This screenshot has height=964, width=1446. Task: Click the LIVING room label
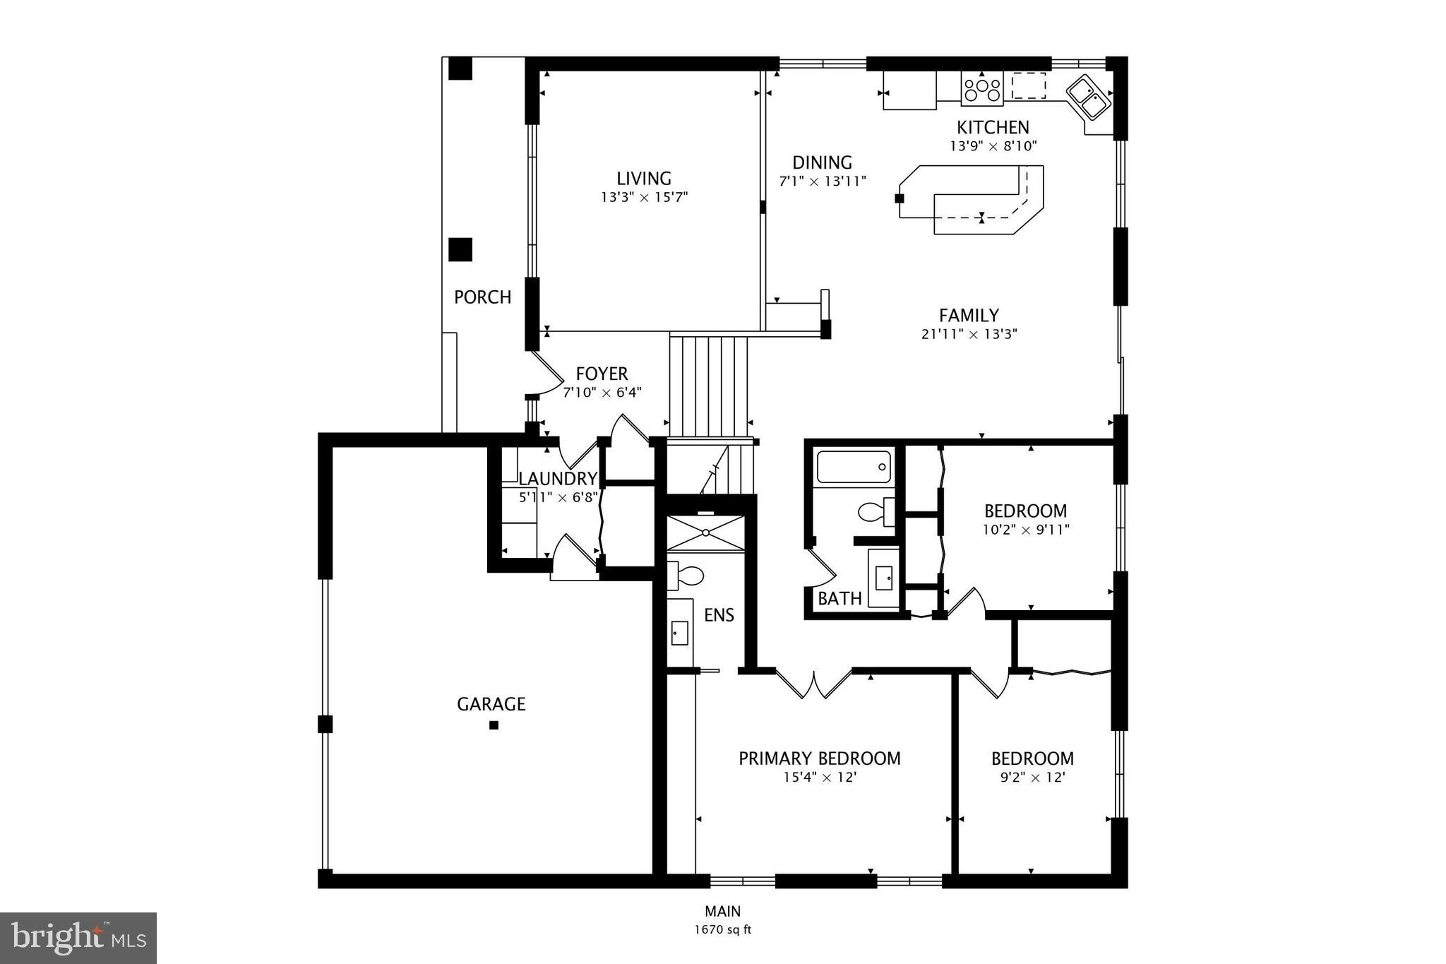[x=643, y=179]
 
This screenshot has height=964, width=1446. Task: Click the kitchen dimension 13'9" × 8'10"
[x=993, y=146]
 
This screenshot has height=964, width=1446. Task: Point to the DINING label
[x=822, y=162]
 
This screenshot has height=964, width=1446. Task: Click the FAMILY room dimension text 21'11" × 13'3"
[x=969, y=334]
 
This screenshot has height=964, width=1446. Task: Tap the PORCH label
[x=482, y=297]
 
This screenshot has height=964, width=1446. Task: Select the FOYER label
[x=602, y=374]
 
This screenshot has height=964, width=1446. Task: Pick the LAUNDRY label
[x=558, y=479]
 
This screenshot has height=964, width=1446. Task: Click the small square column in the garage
[x=494, y=725]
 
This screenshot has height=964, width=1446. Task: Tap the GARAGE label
[x=491, y=704]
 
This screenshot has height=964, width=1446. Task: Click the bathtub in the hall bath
[x=853, y=467]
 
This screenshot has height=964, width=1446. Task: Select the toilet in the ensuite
[x=686, y=576]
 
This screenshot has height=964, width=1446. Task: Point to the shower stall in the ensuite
[x=705, y=533]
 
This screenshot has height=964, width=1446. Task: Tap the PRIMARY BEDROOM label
[x=819, y=758]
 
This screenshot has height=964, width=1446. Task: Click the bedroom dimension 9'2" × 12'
[x=1032, y=778]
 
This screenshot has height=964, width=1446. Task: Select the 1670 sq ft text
[x=722, y=929]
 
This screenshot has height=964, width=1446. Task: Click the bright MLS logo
[x=78, y=938]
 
